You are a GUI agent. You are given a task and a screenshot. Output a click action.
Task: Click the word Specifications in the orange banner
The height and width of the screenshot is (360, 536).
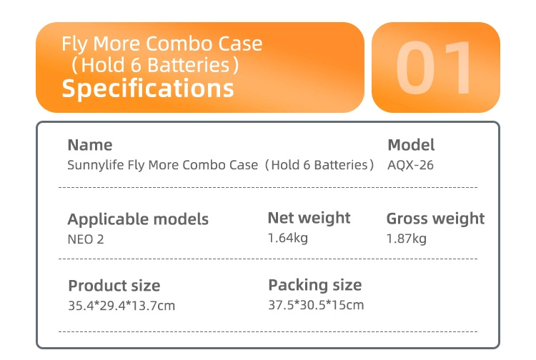click(x=148, y=89)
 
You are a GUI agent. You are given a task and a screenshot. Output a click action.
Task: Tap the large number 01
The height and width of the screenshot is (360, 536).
click(x=435, y=68)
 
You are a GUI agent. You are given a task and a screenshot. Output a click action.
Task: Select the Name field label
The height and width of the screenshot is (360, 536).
click(x=90, y=145)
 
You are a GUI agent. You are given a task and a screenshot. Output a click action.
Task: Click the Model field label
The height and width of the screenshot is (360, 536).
click(x=411, y=145)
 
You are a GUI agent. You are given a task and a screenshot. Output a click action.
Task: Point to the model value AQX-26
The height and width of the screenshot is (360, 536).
click(x=410, y=165)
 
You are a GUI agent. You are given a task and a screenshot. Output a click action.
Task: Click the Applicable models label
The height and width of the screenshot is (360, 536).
click(x=138, y=219)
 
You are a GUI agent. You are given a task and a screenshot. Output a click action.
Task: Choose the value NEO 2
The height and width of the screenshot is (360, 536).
click(x=86, y=239)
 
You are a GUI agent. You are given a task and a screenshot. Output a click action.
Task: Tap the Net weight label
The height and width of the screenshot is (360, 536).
click(x=309, y=219)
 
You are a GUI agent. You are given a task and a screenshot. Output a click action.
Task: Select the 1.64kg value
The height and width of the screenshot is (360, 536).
click(x=287, y=238)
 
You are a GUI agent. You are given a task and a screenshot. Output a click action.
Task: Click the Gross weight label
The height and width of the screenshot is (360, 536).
click(x=435, y=219)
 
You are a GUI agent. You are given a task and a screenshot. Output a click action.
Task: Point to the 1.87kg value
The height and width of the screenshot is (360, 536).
click(x=406, y=239)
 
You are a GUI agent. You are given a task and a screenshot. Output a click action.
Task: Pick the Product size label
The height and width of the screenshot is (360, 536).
click(x=114, y=286)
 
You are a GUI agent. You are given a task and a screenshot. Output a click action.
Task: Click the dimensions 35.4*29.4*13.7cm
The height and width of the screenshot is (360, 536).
click(x=121, y=305)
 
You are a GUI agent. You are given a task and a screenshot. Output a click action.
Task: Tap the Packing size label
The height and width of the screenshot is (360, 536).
click(x=315, y=285)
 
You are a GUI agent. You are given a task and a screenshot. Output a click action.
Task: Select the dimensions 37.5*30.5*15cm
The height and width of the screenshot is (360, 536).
click(x=316, y=305)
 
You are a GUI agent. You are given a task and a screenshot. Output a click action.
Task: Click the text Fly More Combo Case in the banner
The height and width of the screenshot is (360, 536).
click(x=162, y=44)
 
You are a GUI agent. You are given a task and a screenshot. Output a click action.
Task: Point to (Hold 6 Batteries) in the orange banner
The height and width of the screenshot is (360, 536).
click(x=154, y=65)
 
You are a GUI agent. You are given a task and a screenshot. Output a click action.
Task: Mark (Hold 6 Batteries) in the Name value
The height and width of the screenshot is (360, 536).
click(x=319, y=165)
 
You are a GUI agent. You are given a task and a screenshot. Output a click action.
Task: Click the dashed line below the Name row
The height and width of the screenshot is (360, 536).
click(x=268, y=187)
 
